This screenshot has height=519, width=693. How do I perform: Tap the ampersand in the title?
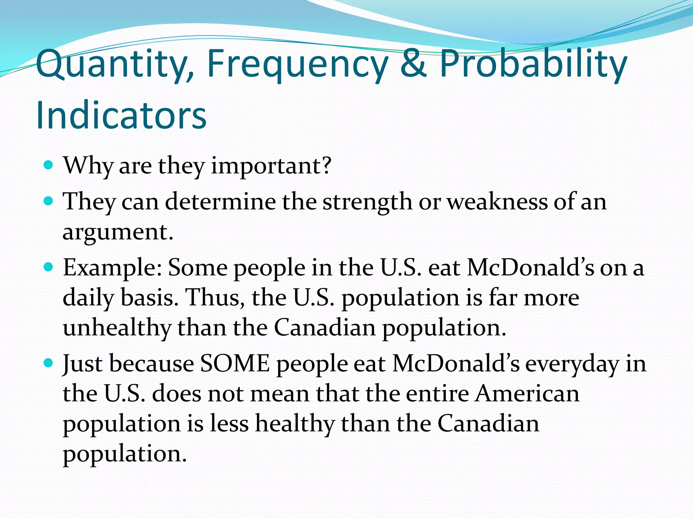413,63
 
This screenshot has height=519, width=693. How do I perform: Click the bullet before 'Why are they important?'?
49,165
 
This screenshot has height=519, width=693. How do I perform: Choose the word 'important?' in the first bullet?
271,166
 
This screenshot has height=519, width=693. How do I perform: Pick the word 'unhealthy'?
117,328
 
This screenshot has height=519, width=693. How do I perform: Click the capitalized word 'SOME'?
235,364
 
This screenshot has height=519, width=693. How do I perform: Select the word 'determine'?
220,202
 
